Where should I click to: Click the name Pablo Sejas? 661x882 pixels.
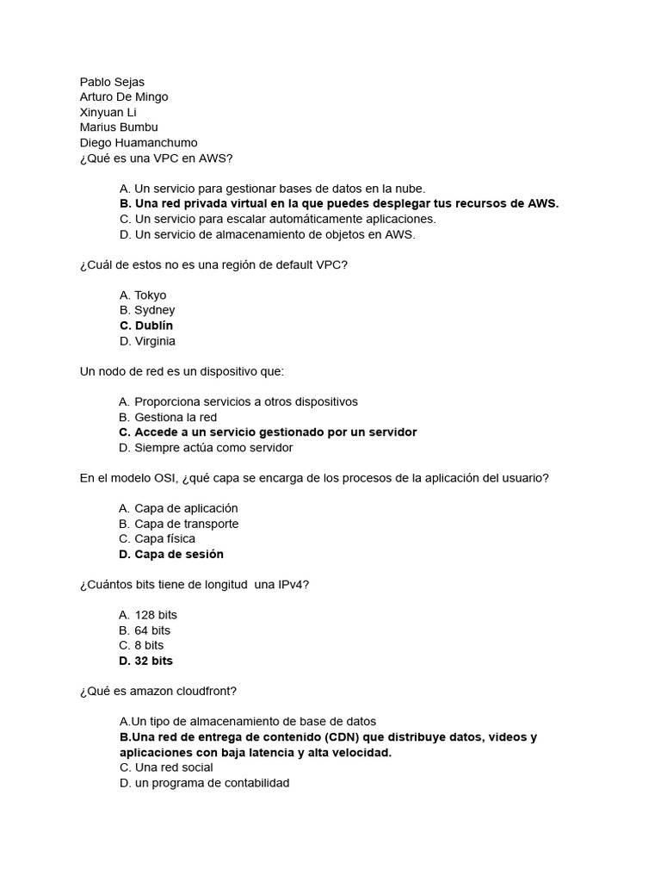coord(112,82)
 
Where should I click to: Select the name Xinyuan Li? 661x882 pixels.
coord(108,112)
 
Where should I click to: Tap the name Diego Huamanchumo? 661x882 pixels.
coord(138,143)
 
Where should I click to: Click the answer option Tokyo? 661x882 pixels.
coord(150,295)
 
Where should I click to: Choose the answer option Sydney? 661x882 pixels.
coord(154,310)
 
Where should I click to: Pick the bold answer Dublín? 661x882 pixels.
coord(153,326)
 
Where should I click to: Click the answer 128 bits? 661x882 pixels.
coord(155,615)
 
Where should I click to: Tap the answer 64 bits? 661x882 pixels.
coord(151,630)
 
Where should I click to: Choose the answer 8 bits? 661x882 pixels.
coord(148,645)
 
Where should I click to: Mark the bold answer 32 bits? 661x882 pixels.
coord(153,661)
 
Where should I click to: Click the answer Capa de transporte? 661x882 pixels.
coord(186,524)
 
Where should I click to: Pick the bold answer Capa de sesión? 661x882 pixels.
coord(178,554)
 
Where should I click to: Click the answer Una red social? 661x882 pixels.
coord(173,767)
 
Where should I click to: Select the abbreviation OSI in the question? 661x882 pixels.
coord(164,478)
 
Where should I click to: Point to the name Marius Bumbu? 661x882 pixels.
coord(119,127)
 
